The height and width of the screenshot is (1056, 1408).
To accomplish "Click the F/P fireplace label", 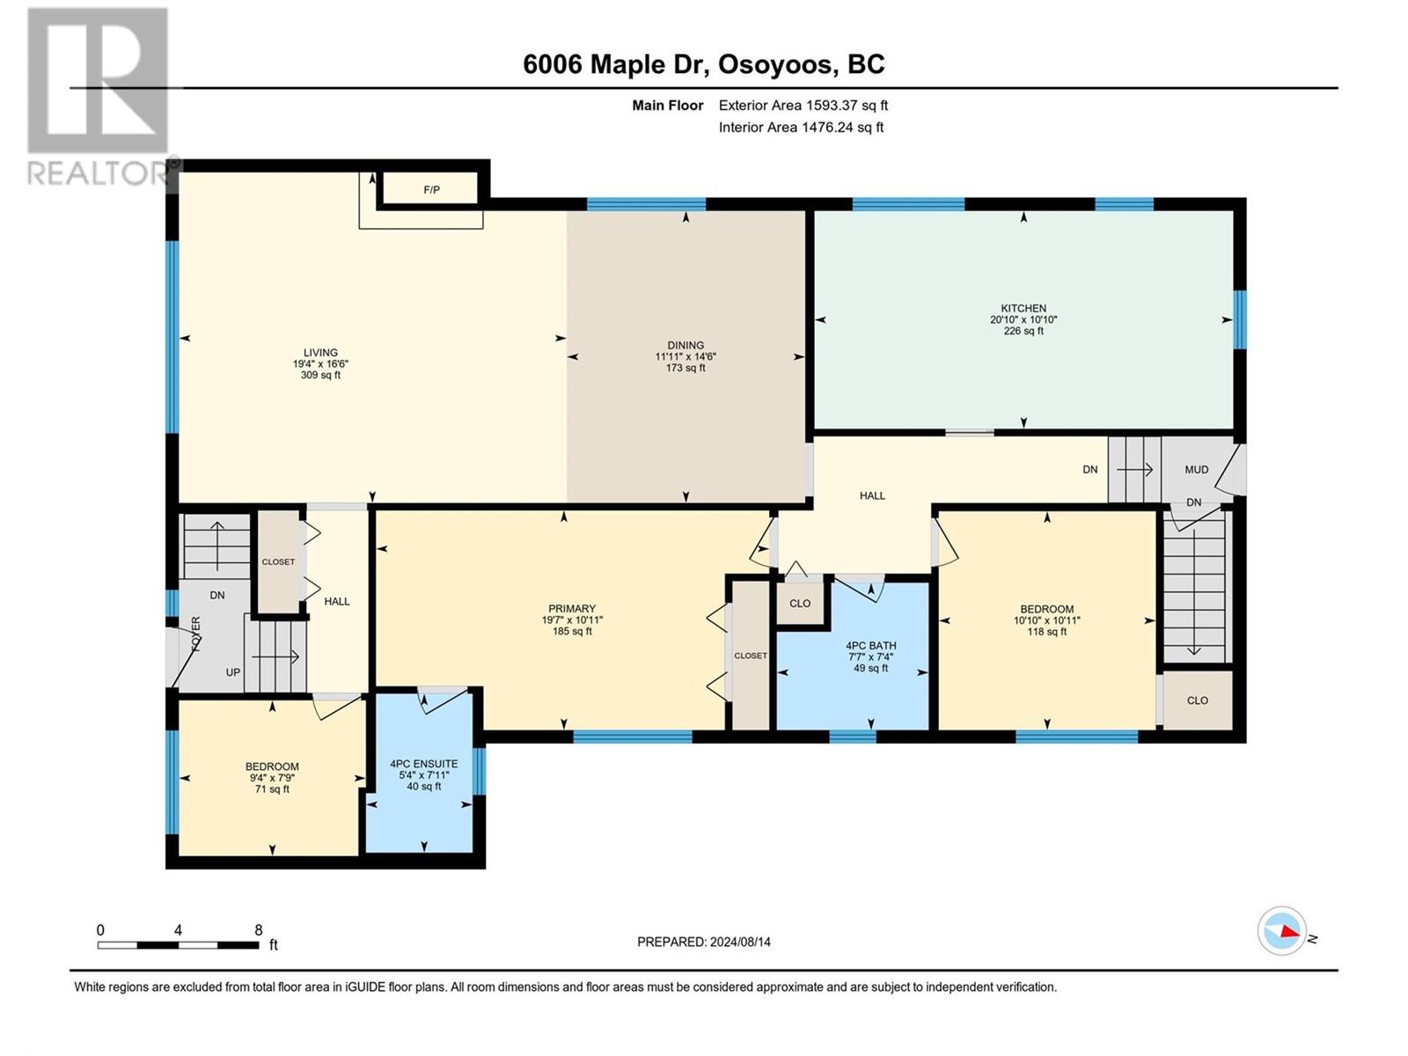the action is pos(432,190).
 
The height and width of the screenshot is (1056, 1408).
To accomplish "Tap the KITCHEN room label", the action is pos(1023,308).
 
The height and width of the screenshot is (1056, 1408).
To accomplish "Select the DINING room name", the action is pos(686,346).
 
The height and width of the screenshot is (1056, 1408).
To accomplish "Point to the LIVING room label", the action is pos(320,353).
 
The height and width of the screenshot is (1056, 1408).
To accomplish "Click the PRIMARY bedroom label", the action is pos(572,608).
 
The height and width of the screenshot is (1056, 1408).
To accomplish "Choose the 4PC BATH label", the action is pos(871,646).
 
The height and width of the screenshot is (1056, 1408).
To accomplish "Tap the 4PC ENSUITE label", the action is pos(424,764).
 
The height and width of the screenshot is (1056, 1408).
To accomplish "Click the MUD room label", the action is pos(1196,469).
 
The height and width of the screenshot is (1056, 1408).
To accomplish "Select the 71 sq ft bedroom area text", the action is pos(272,789).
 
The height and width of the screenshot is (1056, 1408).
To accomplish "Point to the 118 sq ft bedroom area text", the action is pos(1047,632).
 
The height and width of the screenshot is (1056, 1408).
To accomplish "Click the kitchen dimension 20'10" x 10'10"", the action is pos(1023,319).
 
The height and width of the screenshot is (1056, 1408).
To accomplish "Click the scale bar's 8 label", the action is pos(259,930).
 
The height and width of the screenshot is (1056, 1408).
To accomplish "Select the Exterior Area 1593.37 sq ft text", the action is pos(803,105).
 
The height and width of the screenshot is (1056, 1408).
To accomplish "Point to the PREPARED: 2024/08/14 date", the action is pos(704,942).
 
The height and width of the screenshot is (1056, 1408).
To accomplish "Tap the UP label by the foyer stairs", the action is pos(233,672).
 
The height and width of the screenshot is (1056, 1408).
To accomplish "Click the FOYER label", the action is pos(195,634).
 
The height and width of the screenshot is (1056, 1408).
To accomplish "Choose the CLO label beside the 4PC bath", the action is pos(800,604).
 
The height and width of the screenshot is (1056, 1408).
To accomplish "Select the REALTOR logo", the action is pos(99,96).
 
